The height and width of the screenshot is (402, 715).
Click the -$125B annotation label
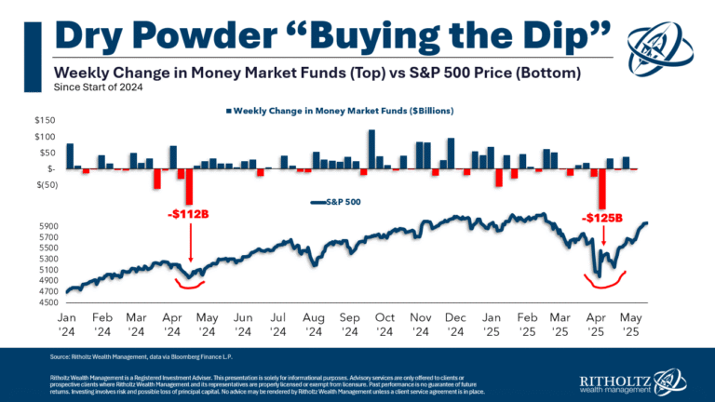point(601,219)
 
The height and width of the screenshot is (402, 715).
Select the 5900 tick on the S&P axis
point(48,225)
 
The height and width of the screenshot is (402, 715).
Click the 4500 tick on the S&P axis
point(48,291)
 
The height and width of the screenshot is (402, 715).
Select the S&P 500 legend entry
point(339,201)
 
